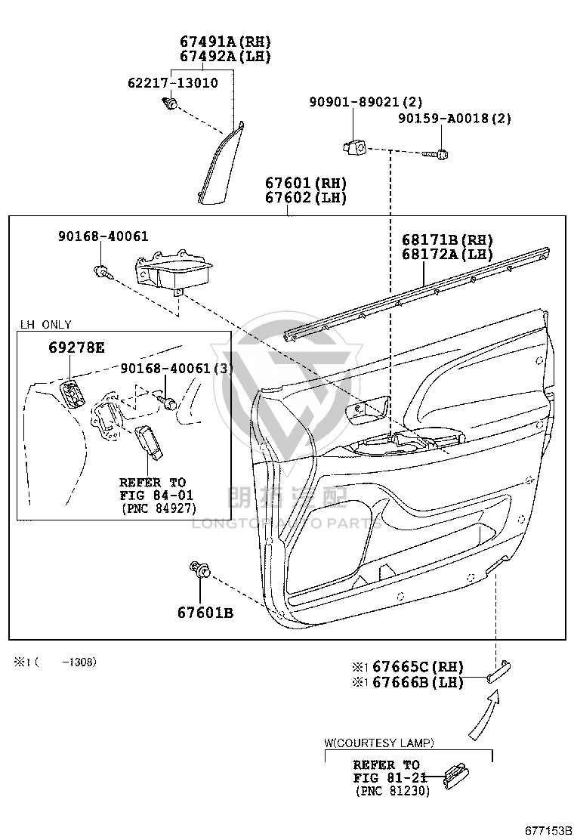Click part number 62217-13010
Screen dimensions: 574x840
[x=172, y=83]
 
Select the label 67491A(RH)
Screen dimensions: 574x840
[x=225, y=42]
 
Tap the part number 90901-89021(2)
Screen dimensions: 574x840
[x=366, y=101]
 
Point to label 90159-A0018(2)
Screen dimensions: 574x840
[x=454, y=118]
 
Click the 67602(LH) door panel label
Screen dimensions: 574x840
[x=306, y=198]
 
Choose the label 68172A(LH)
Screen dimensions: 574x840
[x=447, y=254]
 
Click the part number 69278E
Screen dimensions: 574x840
[x=76, y=347]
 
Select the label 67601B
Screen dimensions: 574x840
[x=205, y=613]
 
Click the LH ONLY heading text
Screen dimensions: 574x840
[x=45, y=325]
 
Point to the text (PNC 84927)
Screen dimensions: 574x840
[x=159, y=508]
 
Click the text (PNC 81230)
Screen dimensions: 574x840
[x=393, y=790]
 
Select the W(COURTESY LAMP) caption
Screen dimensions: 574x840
[x=379, y=743]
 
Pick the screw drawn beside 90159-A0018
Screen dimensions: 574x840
[x=435, y=154]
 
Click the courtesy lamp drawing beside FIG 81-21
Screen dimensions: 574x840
[x=456, y=774]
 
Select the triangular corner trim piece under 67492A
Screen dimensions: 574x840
[x=220, y=164]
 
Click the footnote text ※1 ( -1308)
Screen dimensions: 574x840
[x=55, y=662]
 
